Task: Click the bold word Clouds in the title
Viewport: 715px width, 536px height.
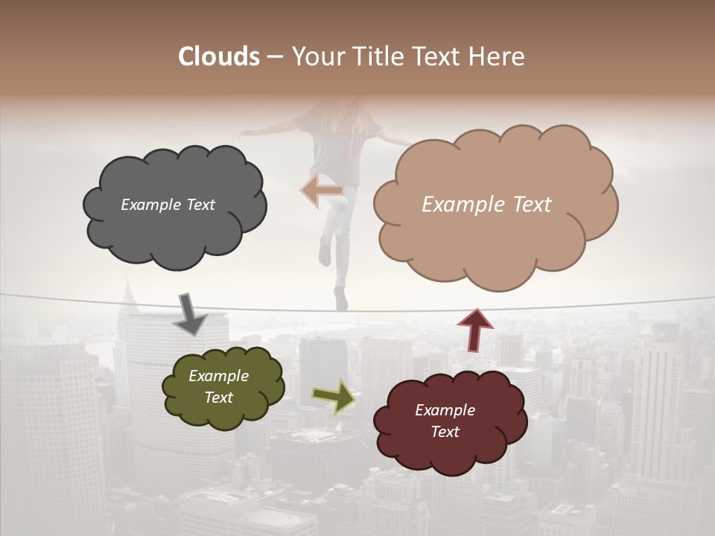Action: [219, 57]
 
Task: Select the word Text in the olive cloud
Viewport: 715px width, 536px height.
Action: [219, 398]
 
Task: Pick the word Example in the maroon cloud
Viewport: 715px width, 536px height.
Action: [445, 410]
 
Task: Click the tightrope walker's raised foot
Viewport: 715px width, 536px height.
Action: [325, 254]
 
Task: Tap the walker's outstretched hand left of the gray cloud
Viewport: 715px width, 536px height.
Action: [246, 133]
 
